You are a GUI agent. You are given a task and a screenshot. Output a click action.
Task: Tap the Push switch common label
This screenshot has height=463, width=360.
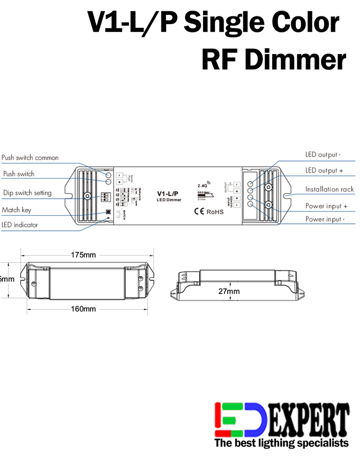click(30, 158)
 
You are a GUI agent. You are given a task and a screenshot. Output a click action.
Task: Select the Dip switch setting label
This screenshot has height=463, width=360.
click(27, 193)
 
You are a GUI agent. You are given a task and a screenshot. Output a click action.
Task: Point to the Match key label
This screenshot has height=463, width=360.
click(16, 210)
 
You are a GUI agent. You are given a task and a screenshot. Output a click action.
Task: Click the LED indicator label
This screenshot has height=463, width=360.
click(20, 225)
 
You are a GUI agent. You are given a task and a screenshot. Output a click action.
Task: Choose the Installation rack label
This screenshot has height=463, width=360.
click(330, 190)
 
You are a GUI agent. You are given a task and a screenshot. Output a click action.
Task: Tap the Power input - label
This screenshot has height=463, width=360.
click(325, 219)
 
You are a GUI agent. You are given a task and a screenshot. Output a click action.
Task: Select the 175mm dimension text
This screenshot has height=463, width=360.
click(83, 255)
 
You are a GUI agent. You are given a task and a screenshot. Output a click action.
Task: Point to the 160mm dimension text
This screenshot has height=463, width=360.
click(83, 309)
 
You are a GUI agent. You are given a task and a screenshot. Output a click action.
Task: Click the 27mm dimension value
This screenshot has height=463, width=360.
click(229, 291)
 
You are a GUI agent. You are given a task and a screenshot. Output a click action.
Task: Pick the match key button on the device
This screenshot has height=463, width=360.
click(108, 212)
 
